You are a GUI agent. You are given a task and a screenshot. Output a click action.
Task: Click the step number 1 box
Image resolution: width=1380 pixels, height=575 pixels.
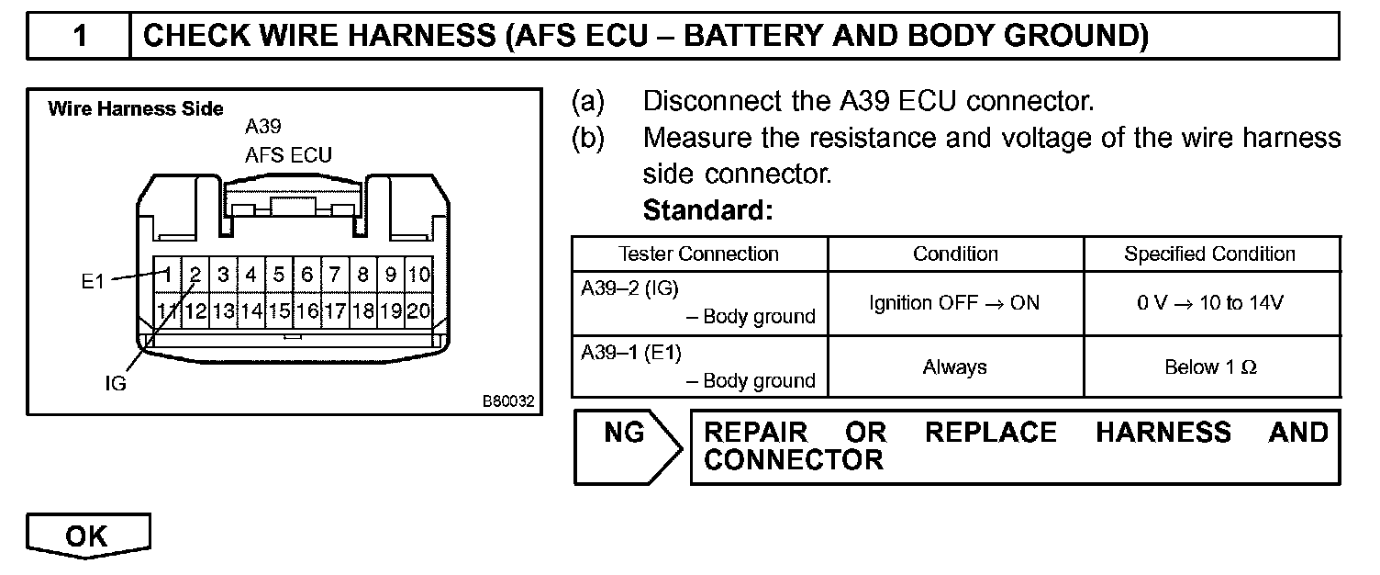(80, 36)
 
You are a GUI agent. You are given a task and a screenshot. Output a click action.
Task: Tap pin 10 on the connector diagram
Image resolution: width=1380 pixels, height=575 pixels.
(419, 274)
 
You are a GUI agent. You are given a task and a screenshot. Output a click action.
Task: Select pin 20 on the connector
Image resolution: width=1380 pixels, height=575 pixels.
(418, 310)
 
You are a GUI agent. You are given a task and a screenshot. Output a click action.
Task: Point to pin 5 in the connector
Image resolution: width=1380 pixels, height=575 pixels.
(279, 274)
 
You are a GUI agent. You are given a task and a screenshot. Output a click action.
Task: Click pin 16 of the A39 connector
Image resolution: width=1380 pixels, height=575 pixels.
(306, 310)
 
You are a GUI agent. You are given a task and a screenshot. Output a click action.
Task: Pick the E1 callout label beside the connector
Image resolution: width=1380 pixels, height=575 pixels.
(93, 282)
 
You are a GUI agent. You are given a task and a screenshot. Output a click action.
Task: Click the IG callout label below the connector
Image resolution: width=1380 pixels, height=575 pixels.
(115, 384)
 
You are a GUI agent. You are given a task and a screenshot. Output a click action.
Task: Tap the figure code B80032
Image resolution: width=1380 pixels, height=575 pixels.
(508, 401)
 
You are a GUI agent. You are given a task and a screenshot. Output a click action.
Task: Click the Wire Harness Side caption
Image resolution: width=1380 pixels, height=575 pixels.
(135, 109)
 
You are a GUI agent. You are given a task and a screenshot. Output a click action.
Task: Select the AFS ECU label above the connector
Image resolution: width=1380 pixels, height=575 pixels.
(288, 155)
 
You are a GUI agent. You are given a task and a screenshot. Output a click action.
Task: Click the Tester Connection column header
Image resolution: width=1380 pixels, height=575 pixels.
(698, 254)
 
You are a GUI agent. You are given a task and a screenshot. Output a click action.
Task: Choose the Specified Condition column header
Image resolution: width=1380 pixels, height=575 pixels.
(1210, 254)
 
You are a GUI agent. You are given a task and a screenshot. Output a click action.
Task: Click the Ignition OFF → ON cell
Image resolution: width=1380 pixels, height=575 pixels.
(954, 303)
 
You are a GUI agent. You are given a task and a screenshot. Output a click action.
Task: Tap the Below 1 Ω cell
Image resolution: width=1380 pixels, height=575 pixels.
(1210, 367)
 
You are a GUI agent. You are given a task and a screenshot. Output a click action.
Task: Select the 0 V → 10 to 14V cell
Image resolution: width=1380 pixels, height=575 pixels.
(1210, 303)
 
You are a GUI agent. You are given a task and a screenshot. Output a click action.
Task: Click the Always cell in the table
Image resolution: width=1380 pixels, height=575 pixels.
(954, 367)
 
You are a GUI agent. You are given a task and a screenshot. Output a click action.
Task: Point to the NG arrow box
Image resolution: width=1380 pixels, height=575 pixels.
(626, 446)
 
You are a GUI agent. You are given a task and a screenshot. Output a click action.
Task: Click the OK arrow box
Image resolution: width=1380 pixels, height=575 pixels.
(87, 536)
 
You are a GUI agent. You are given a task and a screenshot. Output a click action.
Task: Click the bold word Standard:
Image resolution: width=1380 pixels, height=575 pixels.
(708, 211)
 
